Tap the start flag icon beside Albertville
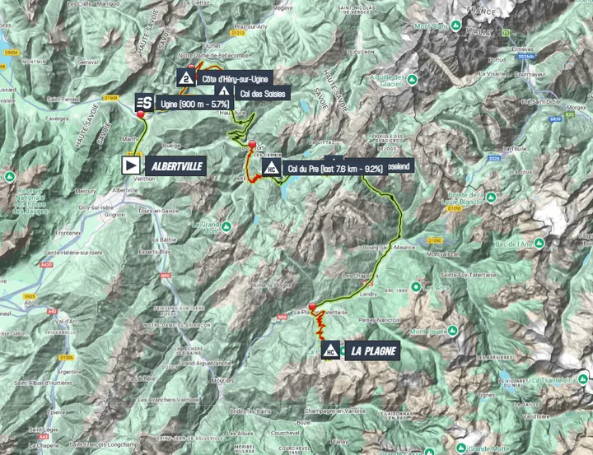click(131, 165)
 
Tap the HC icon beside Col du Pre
click(271, 169)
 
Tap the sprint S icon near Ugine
click(143, 102)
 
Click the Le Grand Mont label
click(205, 225)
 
